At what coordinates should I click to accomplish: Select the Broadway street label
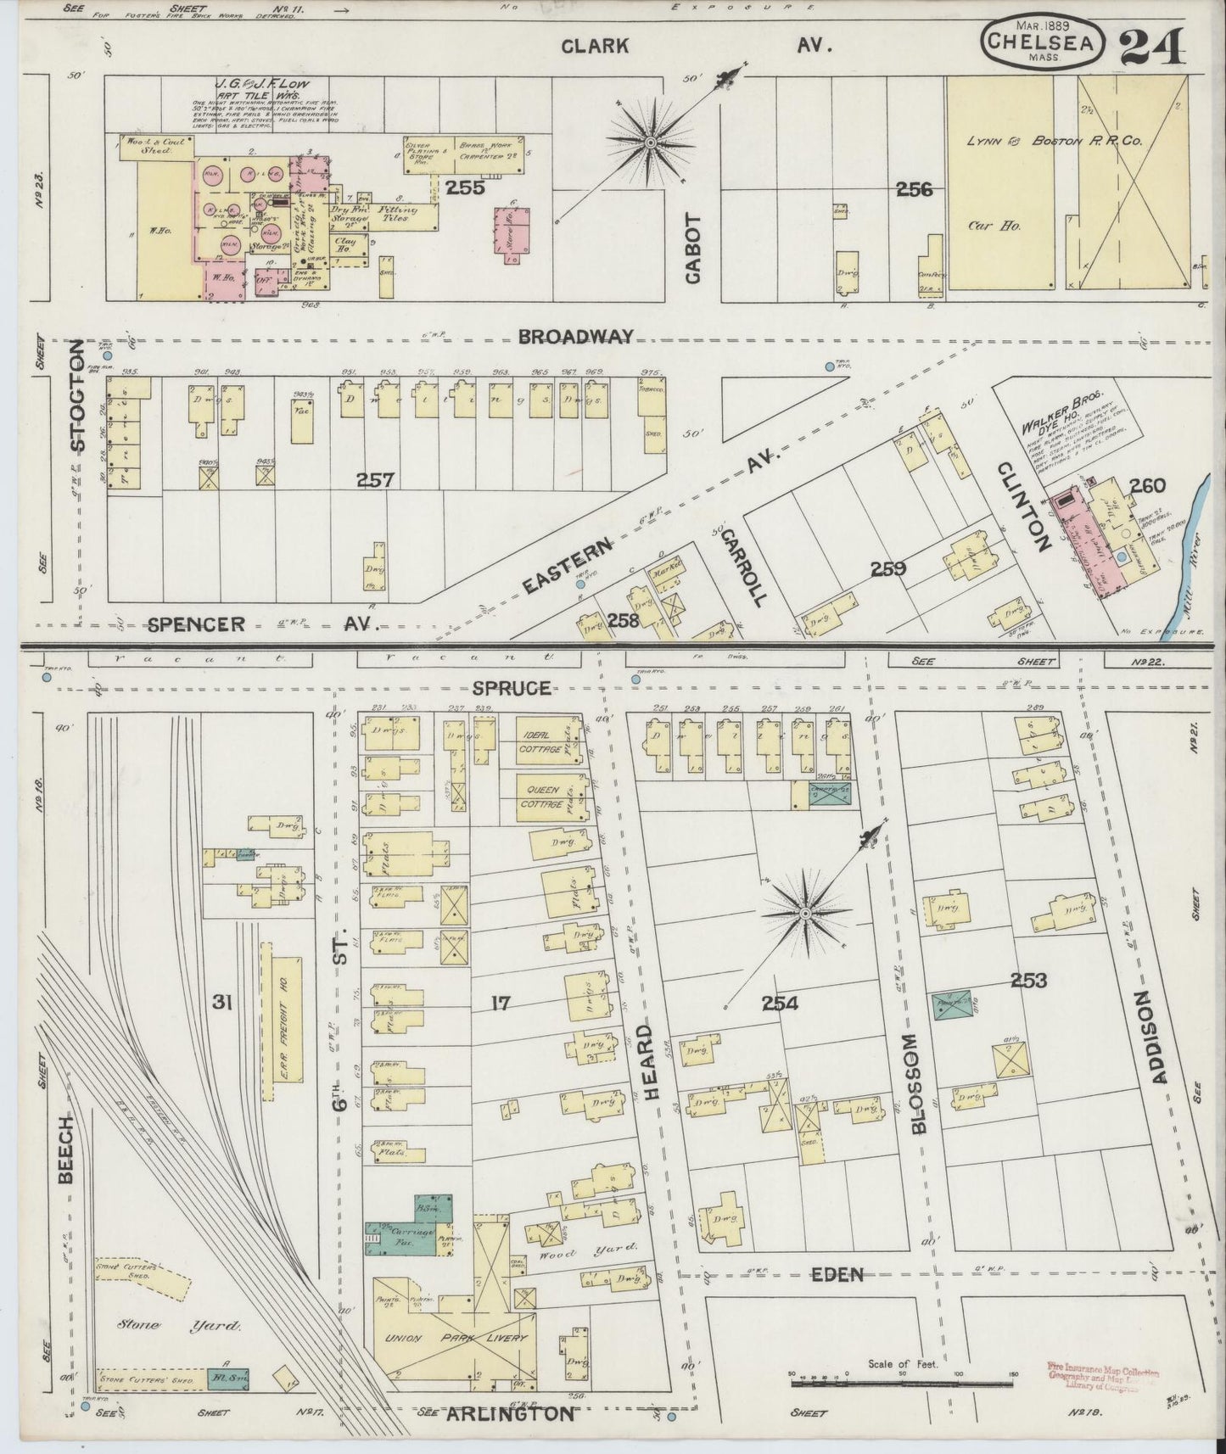point(576,337)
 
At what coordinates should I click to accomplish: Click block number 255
point(466,187)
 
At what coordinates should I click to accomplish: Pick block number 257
point(375,480)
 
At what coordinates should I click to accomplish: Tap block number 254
point(780,1004)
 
